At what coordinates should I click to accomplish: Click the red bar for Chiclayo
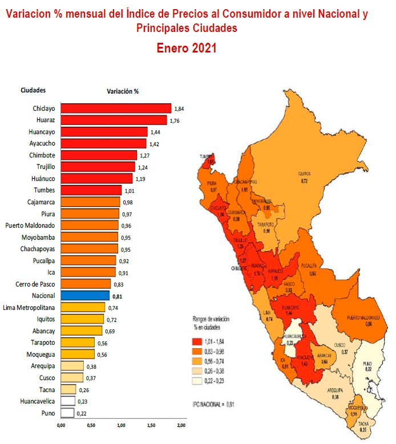point(116,108)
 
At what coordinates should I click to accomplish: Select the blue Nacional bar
point(85,296)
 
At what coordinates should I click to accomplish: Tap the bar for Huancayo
point(104,132)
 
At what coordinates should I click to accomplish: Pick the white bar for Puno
point(67,413)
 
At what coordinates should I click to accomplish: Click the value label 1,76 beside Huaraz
point(175,120)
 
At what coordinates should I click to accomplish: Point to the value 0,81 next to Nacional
point(118,296)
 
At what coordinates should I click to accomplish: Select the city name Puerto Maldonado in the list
point(30,225)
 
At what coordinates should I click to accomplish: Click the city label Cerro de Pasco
point(35,284)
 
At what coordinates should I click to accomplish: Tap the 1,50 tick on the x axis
point(151,425)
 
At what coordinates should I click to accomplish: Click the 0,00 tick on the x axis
point(60,425)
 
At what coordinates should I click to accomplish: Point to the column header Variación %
point(123,90)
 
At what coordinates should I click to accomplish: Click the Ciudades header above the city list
point(33,90)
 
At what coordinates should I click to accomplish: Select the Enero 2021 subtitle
point(187,49)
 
